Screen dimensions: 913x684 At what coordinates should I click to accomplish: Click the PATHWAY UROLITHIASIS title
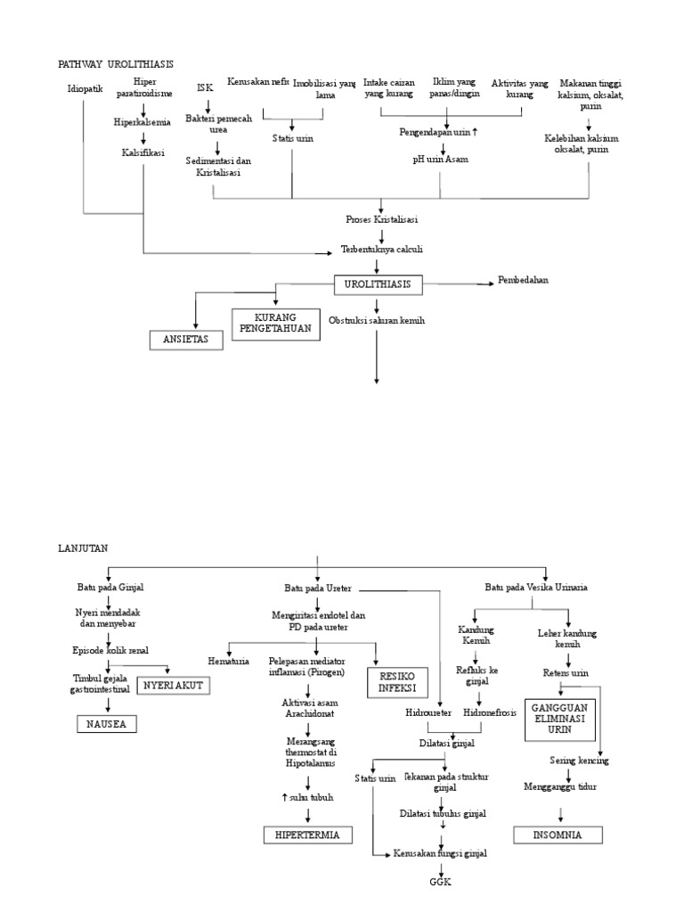click(116, 64)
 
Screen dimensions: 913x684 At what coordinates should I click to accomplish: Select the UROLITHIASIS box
click(379, 285)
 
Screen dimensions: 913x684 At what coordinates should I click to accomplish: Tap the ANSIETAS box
click(185, 340)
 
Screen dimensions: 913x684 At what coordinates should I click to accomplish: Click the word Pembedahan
click(524, 280)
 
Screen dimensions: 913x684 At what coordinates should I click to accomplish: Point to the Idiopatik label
click(85, 89)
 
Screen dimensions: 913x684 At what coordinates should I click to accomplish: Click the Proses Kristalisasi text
click(382, 219)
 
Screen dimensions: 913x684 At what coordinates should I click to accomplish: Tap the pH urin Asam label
click(440, 159)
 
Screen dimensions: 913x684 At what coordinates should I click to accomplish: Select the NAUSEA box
click(106, 724)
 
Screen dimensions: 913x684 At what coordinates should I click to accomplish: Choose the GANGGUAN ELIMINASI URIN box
click(558, 718)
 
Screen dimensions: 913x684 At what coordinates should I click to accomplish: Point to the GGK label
click(441, 882)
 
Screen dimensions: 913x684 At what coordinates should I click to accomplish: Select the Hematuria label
click(228, 661)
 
